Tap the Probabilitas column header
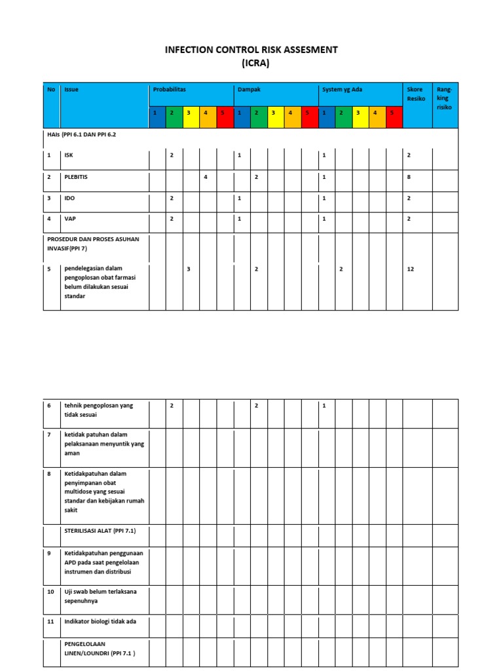point(170,90)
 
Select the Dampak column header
point(249,90)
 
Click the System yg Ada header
point(342,90)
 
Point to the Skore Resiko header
point(415,94)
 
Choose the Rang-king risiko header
point(444,98)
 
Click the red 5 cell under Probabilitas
point(223,113)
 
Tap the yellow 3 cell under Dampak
point(273,113)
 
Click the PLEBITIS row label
point(77,177)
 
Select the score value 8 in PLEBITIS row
point(409,177)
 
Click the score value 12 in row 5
point(411,269)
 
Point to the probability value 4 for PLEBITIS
point(206,177)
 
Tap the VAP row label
point(69,219)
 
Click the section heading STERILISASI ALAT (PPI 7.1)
point(99,531)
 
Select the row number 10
point(50,592)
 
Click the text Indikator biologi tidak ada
point(100,621)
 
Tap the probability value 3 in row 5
point(189,269)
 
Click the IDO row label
point(69,198)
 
